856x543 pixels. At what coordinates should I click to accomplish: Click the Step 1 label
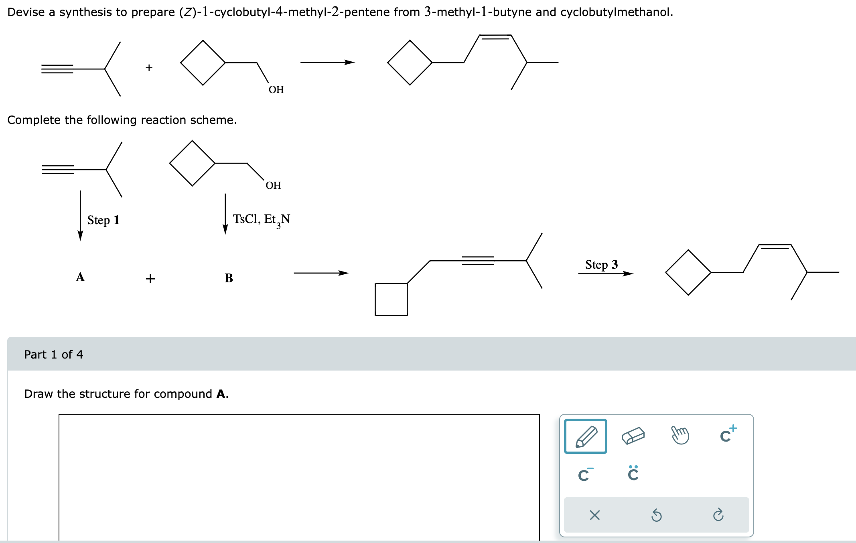point(103,220)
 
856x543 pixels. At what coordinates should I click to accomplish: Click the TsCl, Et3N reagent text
point(262,219)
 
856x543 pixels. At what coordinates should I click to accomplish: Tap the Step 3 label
point(601,265)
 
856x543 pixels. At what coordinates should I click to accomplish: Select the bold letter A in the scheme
point(80,277)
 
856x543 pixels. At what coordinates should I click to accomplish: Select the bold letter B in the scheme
point(229,278)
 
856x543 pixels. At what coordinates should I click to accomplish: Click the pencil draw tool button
point(585,436)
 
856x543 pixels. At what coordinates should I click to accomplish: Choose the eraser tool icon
point(633,436)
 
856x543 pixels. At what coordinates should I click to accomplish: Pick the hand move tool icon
point(680,436)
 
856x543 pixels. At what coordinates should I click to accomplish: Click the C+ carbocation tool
point(728,434)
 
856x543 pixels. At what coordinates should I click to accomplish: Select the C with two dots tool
point(633,473)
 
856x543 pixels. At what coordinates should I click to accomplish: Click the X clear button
point(594,515)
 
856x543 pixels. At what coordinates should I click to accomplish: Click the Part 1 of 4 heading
point(53,355)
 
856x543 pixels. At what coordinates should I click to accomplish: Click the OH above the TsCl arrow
point(273,185)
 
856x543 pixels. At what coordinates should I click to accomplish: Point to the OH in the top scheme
point(276,89)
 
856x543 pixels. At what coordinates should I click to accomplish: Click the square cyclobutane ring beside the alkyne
point(391,299)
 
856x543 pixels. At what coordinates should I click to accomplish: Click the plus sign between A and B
point(150,278)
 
